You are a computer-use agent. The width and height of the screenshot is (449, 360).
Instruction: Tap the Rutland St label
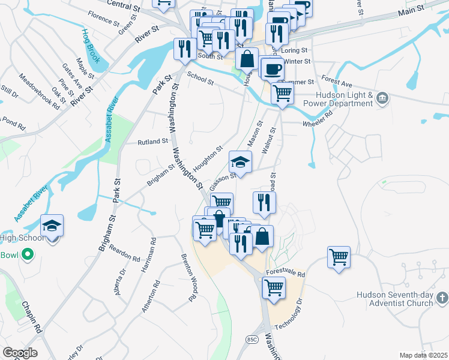(x=153, y=142)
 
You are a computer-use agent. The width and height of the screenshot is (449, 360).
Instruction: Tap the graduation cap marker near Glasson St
(x=240, y=162)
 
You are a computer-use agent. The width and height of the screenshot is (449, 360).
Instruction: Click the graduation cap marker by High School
(x=52, y=226)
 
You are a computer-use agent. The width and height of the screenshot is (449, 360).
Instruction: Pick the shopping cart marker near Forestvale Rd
(x=339, y=257)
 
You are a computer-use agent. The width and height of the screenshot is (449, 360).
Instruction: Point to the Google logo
(x=20, y=353)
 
